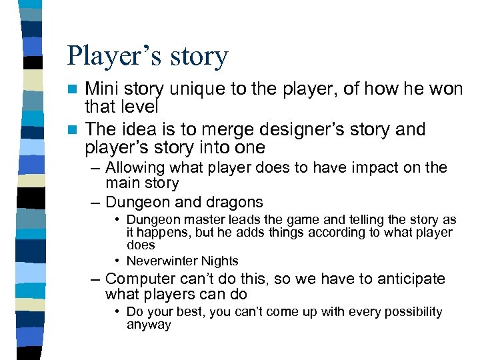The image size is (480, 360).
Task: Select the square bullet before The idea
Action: [77, 129]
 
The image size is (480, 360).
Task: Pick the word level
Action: [139, 107]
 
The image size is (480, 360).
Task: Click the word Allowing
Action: [135, 167]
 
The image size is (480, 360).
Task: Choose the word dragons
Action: [237, 201]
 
